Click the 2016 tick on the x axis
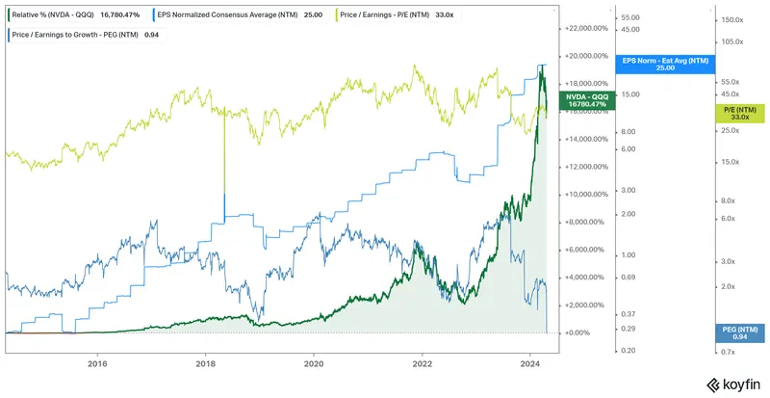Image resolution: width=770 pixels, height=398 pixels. pos(96,363)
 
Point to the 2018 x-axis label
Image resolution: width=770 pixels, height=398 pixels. pos(205,363)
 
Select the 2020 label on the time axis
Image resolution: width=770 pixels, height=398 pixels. pos(314,363)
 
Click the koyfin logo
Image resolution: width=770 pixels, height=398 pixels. pos(733,383)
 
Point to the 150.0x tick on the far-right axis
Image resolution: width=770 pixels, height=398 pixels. pos(734,19)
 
